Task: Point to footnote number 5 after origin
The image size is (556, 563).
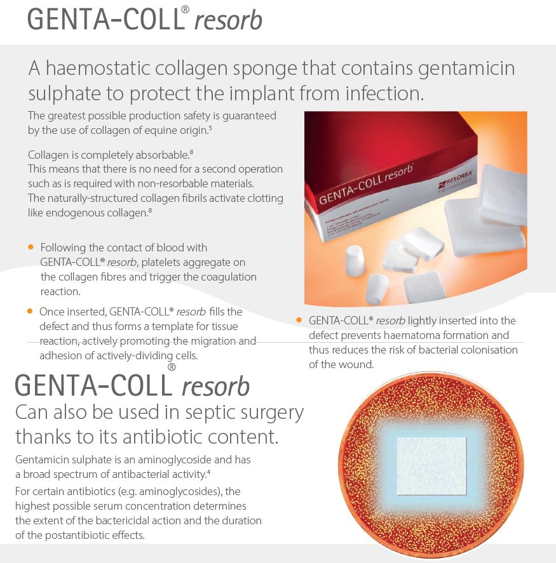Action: point(210,127)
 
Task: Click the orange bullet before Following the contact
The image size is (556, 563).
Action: point(31,247)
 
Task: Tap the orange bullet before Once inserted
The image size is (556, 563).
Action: point(30,311)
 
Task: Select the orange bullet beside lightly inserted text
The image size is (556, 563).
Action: point(299,320)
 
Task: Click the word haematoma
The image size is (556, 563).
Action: point(411,335)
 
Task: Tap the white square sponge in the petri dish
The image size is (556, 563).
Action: point(431,466)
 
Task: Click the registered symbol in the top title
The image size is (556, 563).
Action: point(186,10)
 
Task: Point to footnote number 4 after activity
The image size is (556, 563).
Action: point(208,471)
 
